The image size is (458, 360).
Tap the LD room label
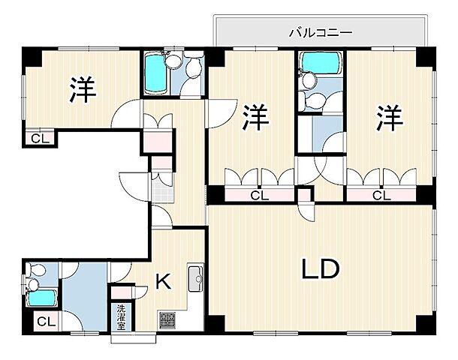321,268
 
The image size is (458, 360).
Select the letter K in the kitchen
163,282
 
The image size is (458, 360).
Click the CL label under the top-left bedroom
37,138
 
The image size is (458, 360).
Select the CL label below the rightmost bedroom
381,196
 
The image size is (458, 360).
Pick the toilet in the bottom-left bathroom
33,279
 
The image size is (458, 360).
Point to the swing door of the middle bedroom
220,112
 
